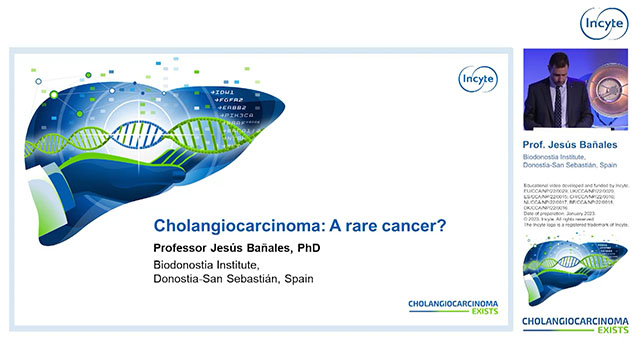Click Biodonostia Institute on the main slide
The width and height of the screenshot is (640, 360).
(206, 265)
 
